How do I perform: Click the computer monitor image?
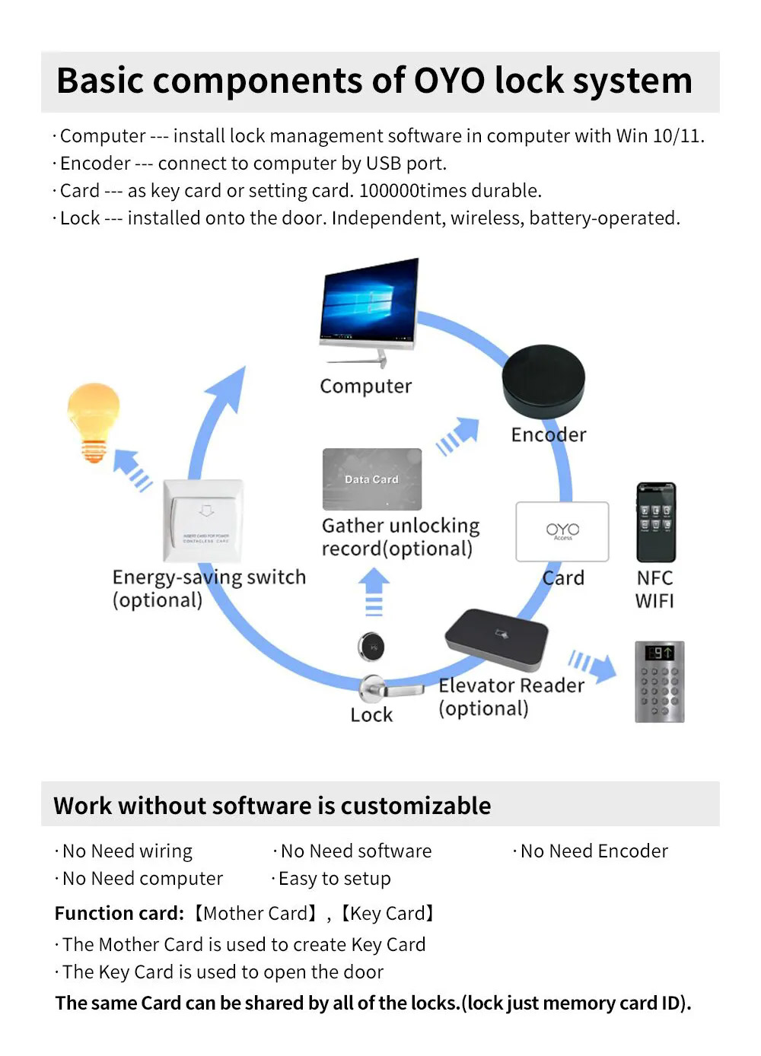pos(369,312)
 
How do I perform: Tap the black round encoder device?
pos(543,381)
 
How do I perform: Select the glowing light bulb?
pos(94,422)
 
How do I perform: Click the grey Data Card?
pos(372,479)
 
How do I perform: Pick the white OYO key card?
pos(562,531)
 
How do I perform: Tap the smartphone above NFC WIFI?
pos(656,522)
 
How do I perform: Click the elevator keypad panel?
pos(659,681)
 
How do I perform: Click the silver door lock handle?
pos(390,689)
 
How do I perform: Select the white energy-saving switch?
pos(203,520)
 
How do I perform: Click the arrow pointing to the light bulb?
pos(132,470)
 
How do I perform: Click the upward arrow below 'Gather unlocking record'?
pos(374,592)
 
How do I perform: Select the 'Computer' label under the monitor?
pos(366,386)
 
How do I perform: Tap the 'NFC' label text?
pos(655,578)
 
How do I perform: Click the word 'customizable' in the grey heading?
pos(416,806)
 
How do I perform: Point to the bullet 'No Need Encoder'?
pos(591,851)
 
